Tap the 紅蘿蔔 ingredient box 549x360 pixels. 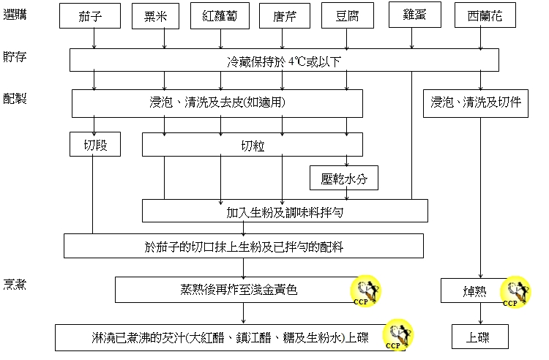(x=220, y=15)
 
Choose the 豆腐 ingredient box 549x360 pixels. (x=346, y=15)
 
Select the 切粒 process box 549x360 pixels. (x=253, y=145)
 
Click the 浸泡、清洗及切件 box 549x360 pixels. (x=476, y=103)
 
